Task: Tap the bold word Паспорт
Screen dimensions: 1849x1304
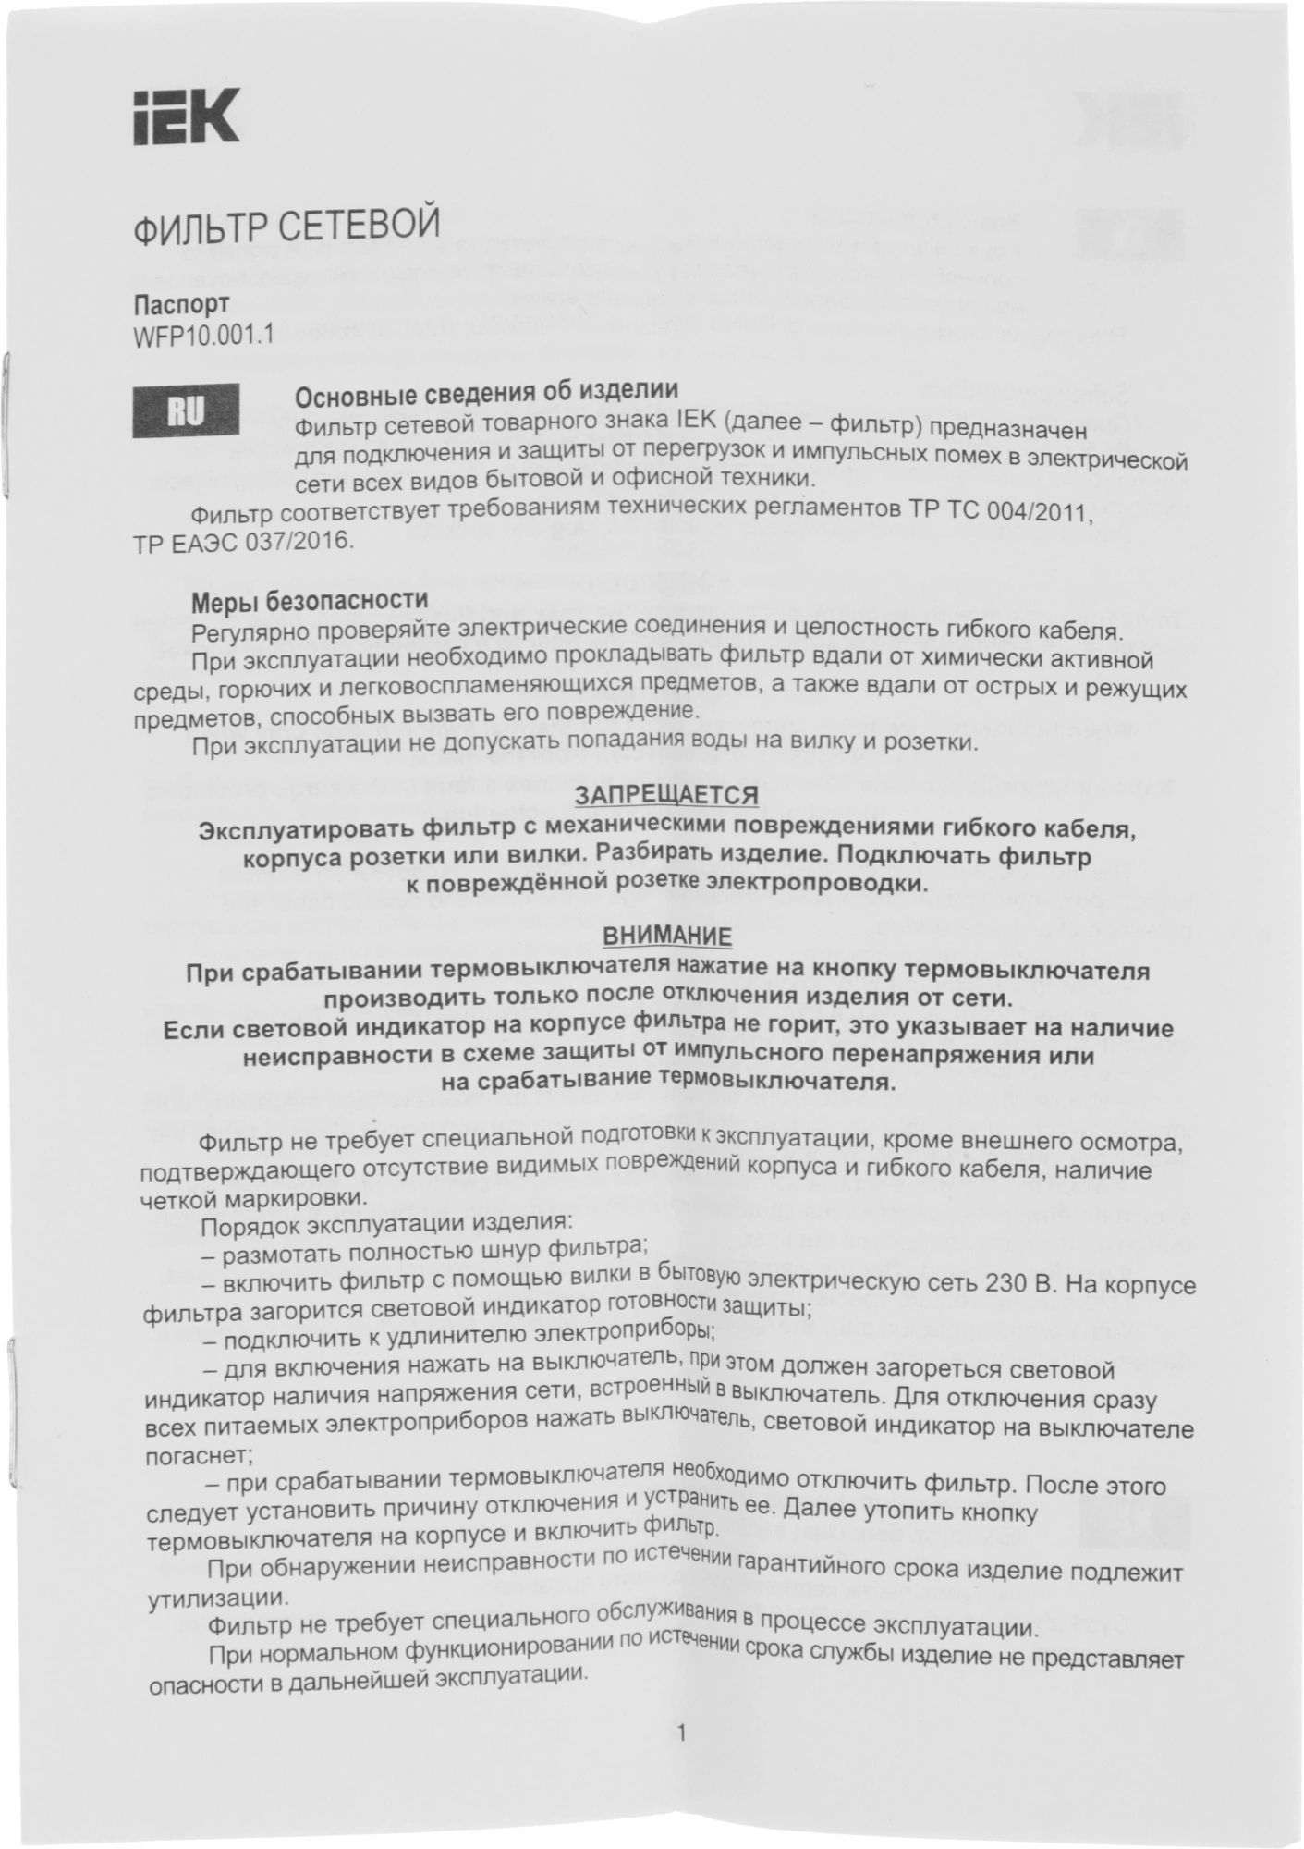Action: [181, 304]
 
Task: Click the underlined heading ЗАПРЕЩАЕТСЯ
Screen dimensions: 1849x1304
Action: [666, 794]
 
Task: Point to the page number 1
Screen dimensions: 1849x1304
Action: [682, 1733]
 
